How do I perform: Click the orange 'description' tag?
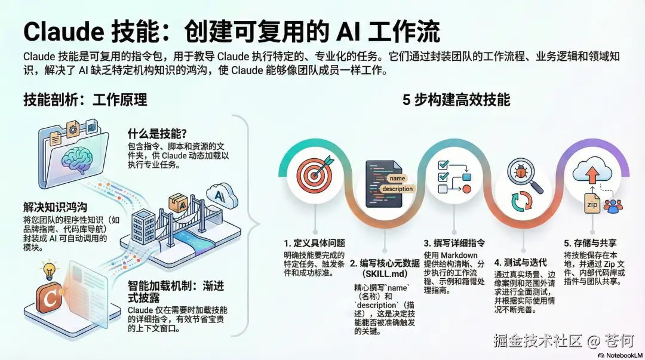click(x=397, y=189)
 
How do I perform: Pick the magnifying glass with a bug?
click(x=524, y=175)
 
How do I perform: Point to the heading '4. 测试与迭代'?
click(x=520, y=261)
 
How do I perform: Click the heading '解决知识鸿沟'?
click(x=56, y=207)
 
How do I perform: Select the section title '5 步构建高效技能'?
click(x=456, y=100)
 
